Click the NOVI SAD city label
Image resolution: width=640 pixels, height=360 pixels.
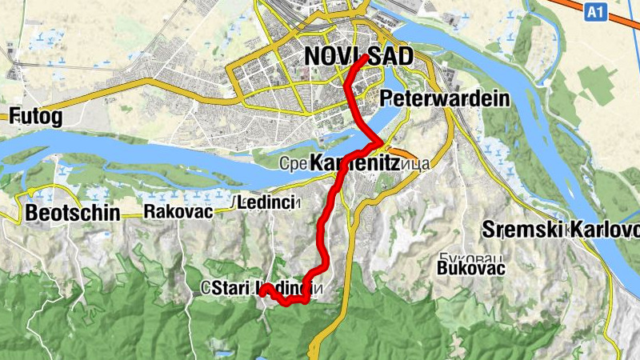pos(358,56)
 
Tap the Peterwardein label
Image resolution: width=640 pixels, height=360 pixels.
pos(446,98)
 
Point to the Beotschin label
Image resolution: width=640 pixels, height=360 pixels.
pos(73,213)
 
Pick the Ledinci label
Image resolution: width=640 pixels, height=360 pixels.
pos(269,201)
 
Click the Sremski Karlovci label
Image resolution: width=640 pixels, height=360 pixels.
pos(560,230)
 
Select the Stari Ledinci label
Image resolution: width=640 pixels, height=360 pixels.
pos(262,288)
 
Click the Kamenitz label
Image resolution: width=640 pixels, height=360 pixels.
pos(354,162)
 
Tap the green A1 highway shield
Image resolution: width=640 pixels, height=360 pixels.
pos(594,12)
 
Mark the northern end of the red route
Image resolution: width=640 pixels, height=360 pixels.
pos(366,58)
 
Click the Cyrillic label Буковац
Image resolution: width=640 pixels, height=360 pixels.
pos(464,256)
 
